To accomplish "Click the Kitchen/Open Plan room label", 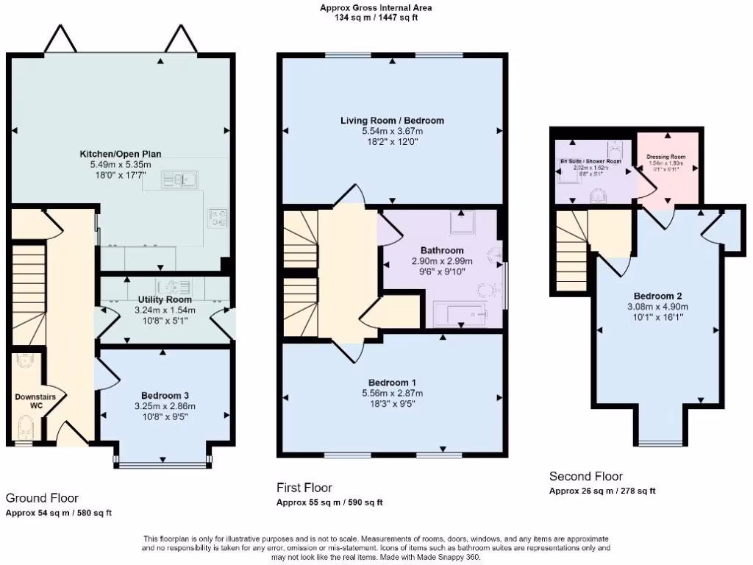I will pos(121,154).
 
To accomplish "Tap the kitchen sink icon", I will pos(179,179).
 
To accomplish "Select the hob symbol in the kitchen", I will pos(218,216).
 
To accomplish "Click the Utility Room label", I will pos(165,299).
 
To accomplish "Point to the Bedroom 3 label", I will pos(165,394).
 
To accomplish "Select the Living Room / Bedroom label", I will pos(392,120).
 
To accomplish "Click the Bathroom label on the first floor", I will pos(442,250).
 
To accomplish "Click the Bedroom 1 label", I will pos(392,383).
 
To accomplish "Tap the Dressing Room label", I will pos(666,157).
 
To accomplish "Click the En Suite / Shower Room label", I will pos(591,161).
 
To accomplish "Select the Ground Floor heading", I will pos(42,498).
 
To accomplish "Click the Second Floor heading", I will pos(586,476).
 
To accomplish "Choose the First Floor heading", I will pos(304,487).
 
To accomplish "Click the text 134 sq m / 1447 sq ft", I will pos(376,17).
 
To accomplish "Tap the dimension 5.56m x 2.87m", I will pos(392,394).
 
